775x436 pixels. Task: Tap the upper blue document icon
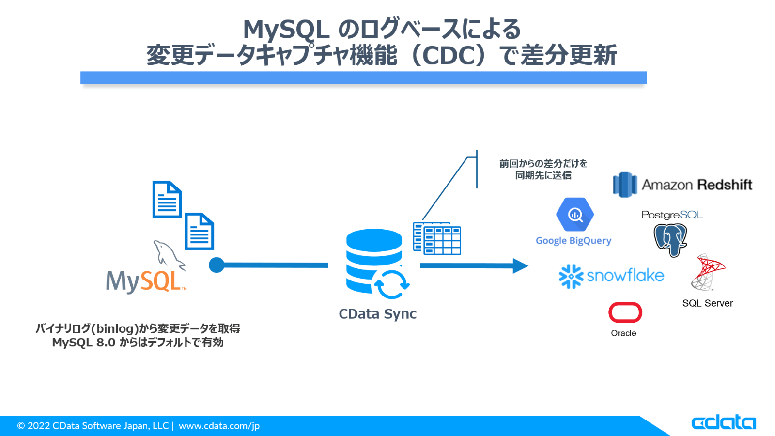click(167, 200)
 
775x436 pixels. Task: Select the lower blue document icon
click(199, 232)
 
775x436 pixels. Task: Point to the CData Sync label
click(377, 314)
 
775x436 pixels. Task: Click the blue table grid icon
click(437, 238)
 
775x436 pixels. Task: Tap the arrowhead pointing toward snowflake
click(520, 265)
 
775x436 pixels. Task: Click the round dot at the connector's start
click(217, 265)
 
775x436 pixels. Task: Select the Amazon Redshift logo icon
click(625, 185)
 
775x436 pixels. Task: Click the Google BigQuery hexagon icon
click(574, 214)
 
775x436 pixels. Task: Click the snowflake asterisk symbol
click(571, 276)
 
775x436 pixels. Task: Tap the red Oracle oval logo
click(625, 312)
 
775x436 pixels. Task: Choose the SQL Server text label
click(707, 303)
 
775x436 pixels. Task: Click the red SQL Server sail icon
click(708, 272)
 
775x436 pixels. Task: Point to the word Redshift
click(725, 185)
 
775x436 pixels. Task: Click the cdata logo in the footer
click(723, 422)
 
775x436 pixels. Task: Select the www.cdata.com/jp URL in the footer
click(219, 426)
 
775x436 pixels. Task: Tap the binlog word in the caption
click(115, 328)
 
